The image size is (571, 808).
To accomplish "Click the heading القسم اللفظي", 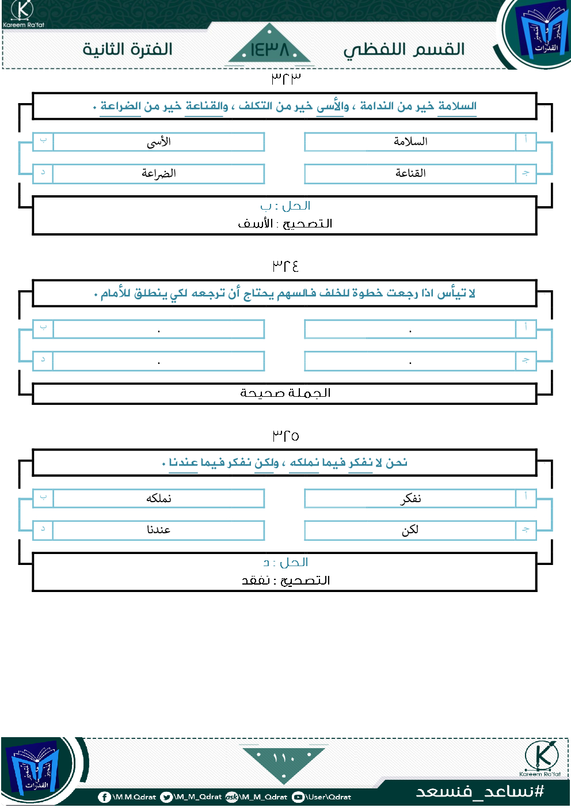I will pyautogui.click(x=404, y=50).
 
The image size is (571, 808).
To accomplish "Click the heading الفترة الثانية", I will pyautogui.click(x=127, y=50).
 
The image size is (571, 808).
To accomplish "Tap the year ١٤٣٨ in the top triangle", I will pyautogui.click(x=269, y=50).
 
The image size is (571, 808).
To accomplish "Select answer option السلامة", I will pyautogui.click(x=410, y=142).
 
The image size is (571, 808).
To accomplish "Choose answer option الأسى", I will pyautogui.click(x=158, y=142).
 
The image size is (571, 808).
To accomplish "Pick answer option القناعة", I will pyautogui.click(x=410, y=173).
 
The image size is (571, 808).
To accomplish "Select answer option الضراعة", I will pyautogui.click(x=158, y=173).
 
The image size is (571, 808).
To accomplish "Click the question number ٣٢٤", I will pyautogui.click(x=285, y=265).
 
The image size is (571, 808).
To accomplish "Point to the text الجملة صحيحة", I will pyautogui.click(x=285, y=393).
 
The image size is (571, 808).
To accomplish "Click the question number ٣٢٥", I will pyautogui.click(x=285, y=435).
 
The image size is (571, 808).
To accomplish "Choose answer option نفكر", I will pyautogui.click(x=410, y=498).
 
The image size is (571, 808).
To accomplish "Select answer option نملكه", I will pyautogui.click(x=158, y=498).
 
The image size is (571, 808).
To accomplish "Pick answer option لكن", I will pyautogui.click(x=410, y=530).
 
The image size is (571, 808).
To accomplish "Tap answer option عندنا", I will pyautogui.click(x=158, y=530).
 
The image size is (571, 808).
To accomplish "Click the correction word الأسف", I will pyautogui.click(x=255, y=223).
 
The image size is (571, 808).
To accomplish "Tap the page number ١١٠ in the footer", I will pyautogui.click(x=284, y=758).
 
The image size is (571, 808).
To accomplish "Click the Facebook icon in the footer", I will pyautogui.click(x=104, y=797).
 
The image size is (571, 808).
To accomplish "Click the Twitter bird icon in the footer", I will pyautogui.click(x=166, y=797).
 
